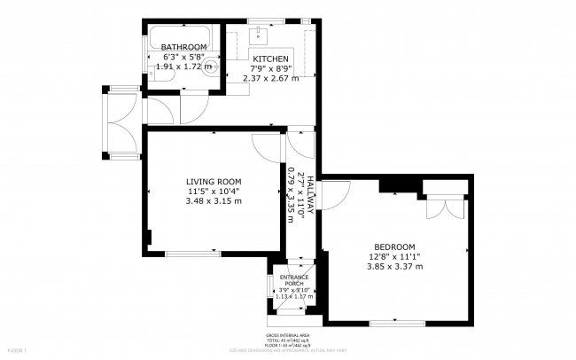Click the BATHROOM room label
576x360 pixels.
coord(184,47)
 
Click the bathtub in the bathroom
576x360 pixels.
coord(183,35)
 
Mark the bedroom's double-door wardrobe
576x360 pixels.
coord(443,206)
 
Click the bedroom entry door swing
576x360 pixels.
coord(331,195)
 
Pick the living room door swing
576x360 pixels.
coord(266,147)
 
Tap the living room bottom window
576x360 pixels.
coord(192,254)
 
